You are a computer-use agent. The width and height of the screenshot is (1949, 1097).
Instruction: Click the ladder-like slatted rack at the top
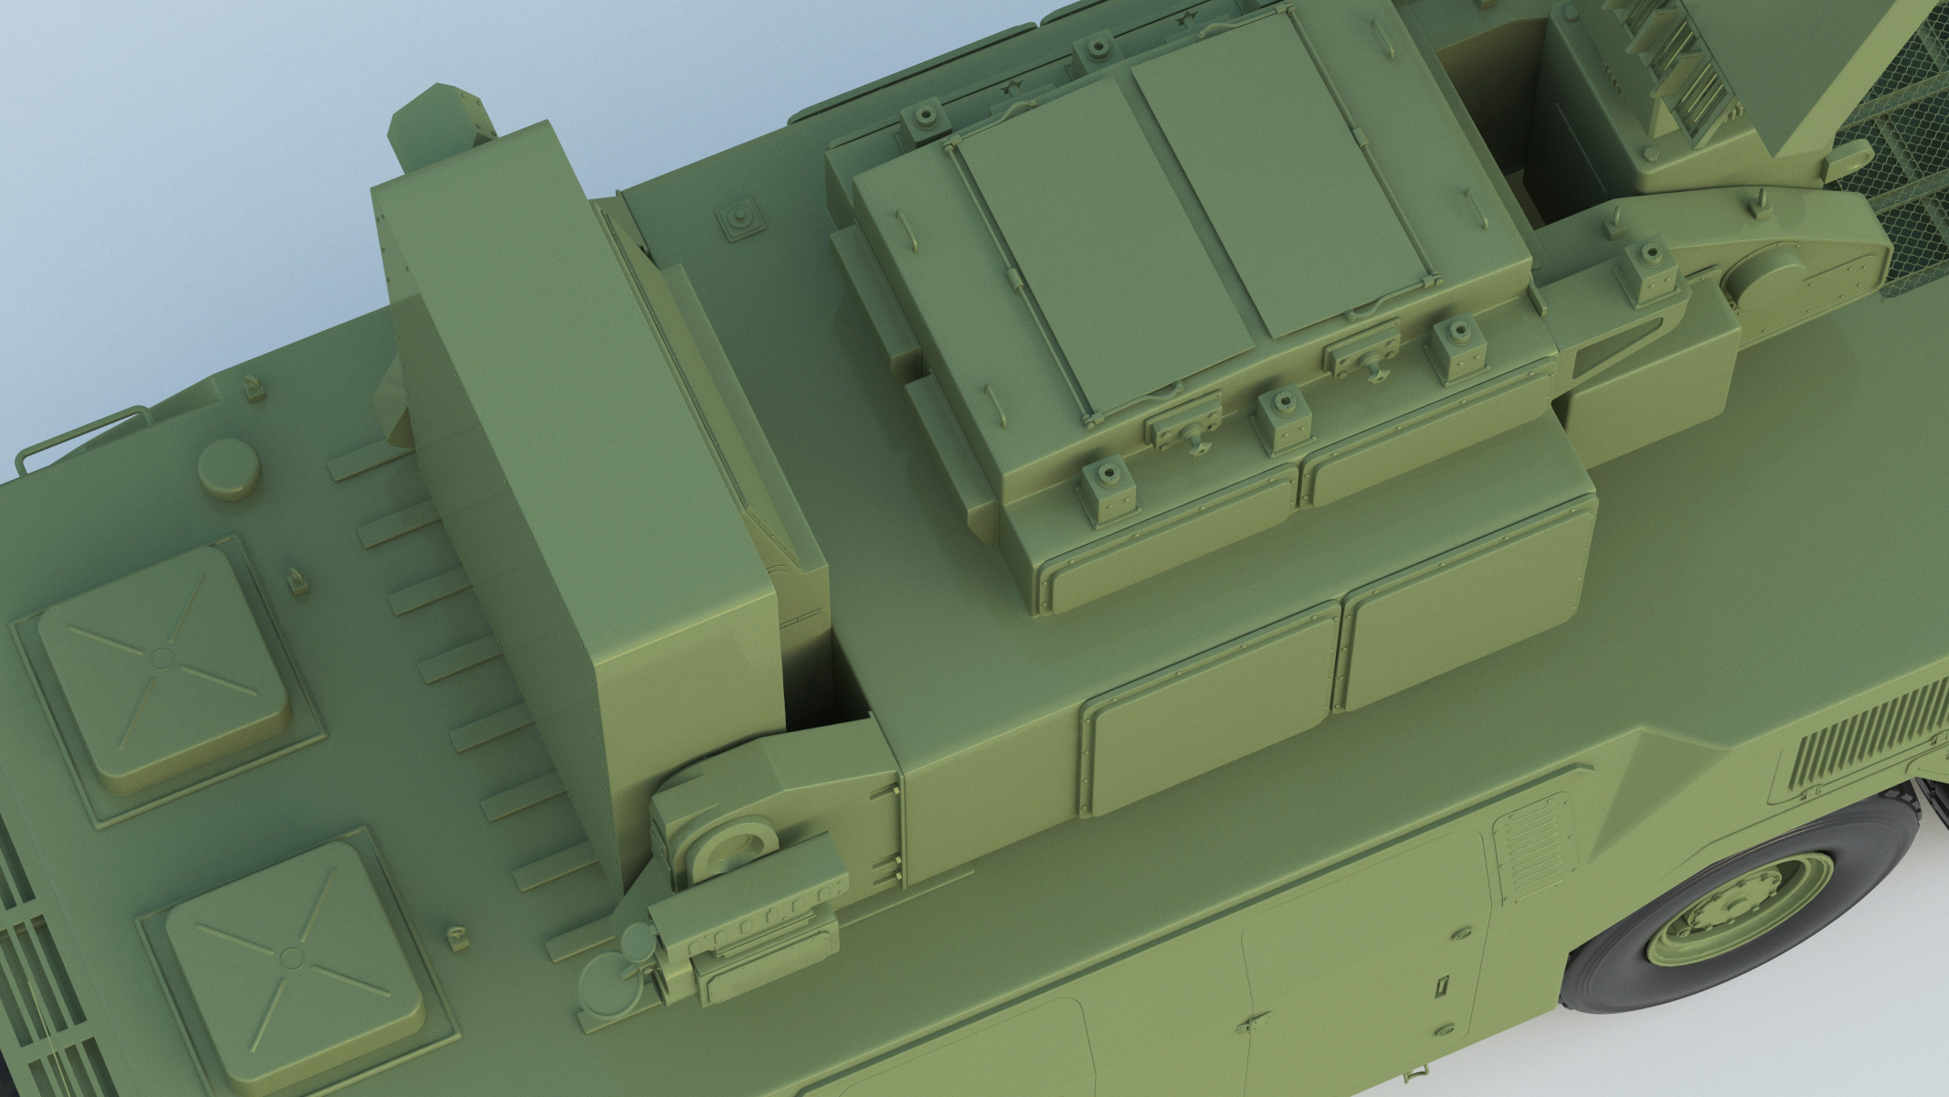[1608, 64]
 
